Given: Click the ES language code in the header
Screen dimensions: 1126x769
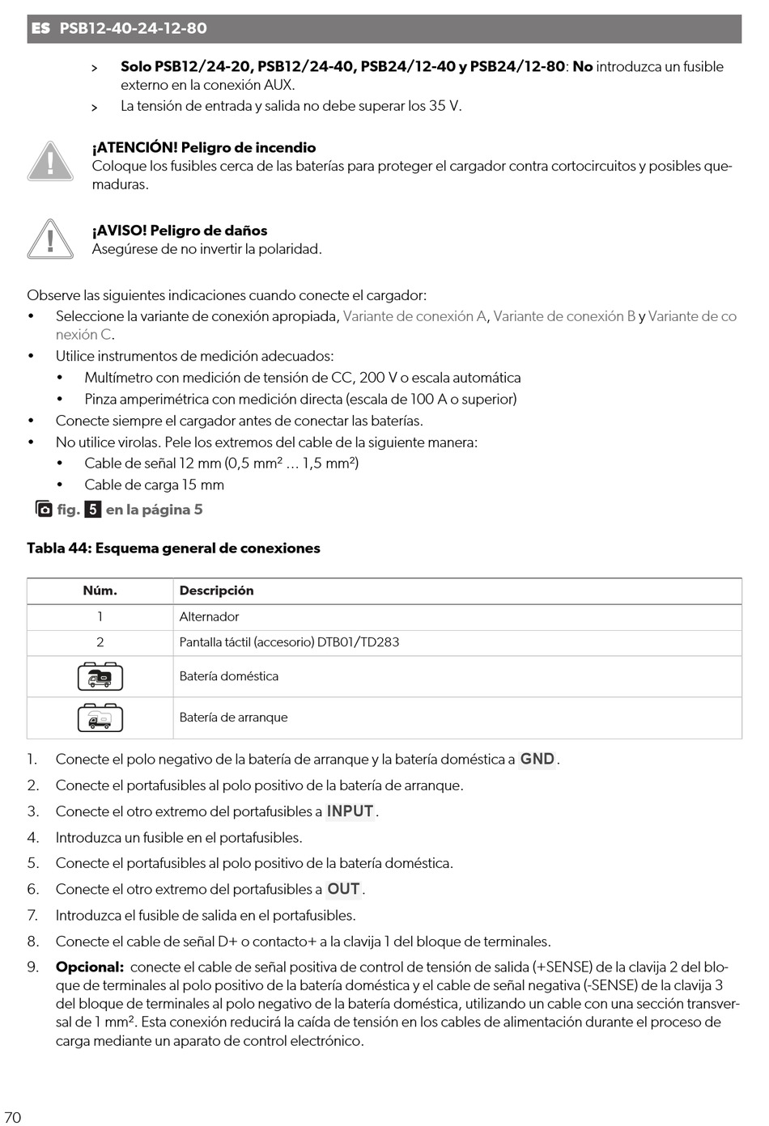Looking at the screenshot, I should [x=40, y=28].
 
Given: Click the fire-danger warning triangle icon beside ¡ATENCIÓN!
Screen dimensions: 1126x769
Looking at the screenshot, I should [x=50, y=161].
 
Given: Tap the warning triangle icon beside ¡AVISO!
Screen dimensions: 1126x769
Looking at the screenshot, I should [x=50, y=239].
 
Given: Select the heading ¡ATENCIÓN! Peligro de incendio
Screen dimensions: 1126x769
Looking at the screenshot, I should [x=203, y=147].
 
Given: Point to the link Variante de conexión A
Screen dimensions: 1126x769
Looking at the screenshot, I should [x=414, y=316].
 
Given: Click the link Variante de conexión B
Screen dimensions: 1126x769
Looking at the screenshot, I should [x=564, y=316].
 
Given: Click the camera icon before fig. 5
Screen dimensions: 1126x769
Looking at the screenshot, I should [x=44, y=509].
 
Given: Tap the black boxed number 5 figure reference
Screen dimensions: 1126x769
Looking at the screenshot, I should [x=93, y=510].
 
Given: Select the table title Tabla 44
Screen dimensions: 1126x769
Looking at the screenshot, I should [x=173, y=548].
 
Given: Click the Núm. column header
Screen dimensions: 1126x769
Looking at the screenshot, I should [x=100, y=591].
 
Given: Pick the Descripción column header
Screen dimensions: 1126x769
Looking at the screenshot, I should [x=216, y=591].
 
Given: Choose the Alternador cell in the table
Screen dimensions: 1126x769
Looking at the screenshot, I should [x=209, y=616].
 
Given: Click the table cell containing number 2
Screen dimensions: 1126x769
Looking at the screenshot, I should [x=100, y=642].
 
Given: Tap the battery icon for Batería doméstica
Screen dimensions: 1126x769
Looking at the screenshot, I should [x=100, y=676].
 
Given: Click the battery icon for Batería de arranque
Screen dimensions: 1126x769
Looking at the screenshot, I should [x=100, y=718].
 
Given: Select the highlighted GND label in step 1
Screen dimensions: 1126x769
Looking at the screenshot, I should [x=537, y=759].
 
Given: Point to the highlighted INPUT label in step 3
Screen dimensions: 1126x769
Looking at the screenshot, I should [x=350, y=811].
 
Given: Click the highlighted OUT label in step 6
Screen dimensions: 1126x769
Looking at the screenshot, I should [x=343, y=889].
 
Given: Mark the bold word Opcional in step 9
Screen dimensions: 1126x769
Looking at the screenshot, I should [x=89, y=967].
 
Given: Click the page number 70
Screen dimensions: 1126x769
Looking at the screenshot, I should [x=13, y=1117].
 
